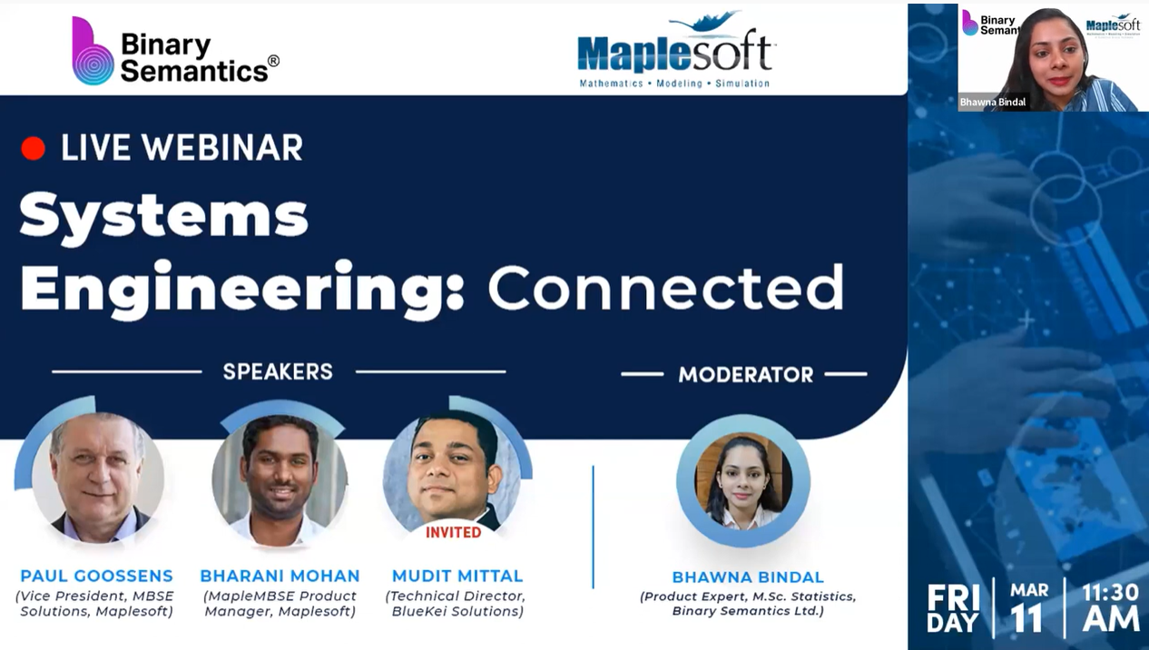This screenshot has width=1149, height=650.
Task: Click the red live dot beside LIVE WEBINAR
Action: (34, 148)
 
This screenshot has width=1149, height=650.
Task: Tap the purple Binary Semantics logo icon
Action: (93, 51)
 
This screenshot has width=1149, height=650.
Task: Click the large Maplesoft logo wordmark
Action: (675, 52)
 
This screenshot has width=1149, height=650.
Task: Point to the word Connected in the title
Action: (666, 287)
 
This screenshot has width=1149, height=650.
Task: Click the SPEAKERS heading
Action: (278, 372)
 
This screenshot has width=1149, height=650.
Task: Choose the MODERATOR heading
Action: (746, 375)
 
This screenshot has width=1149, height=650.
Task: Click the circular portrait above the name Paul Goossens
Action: (98, 478)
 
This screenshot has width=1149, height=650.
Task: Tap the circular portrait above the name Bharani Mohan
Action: (280, 479)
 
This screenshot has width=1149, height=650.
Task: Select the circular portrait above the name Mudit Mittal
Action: (451, 475)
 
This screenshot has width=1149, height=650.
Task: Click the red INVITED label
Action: (454, 533)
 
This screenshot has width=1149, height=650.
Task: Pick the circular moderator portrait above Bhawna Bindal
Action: (743, 481)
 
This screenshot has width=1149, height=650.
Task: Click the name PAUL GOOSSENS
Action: (96, 576)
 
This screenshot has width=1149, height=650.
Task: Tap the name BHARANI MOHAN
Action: (280, 576)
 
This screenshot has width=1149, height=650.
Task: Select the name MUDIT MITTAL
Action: (457, 576)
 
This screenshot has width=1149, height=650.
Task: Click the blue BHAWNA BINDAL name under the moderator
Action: (748, 577)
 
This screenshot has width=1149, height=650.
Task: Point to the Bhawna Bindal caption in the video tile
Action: (993, 102)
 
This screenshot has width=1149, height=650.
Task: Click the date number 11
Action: (1026, 618)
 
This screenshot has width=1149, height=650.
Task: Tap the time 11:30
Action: (1110, 593)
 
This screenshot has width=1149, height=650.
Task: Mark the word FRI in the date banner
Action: (953, 597)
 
